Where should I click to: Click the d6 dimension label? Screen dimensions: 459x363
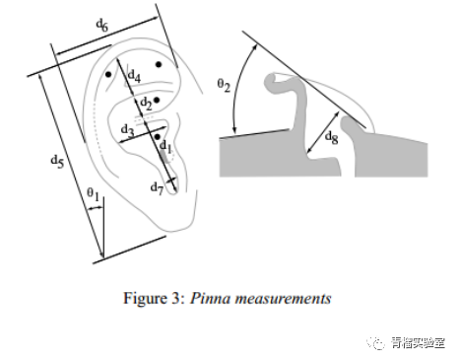pos(102,26)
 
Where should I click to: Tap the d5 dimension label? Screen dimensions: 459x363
pos(57,162)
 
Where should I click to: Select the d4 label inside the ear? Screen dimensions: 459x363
pos(134,76)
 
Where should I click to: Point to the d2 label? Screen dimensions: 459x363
pos(147,104)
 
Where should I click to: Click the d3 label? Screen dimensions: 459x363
pos(127,130)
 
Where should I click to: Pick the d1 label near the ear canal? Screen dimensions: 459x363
pos(165,147)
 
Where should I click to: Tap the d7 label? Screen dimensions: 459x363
pos(157,188)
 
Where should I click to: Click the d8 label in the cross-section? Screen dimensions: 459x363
pos(331,137)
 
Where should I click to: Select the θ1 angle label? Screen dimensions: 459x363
pos(93,193)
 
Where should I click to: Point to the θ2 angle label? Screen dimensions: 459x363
pos(224,85)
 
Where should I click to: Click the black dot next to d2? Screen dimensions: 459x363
pos(157,100)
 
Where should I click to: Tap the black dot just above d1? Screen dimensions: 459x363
pos(158,137)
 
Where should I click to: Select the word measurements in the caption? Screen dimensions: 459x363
pos(284,299)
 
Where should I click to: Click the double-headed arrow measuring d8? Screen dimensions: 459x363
pos(323,132)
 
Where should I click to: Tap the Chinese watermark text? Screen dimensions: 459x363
pos(418,343)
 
